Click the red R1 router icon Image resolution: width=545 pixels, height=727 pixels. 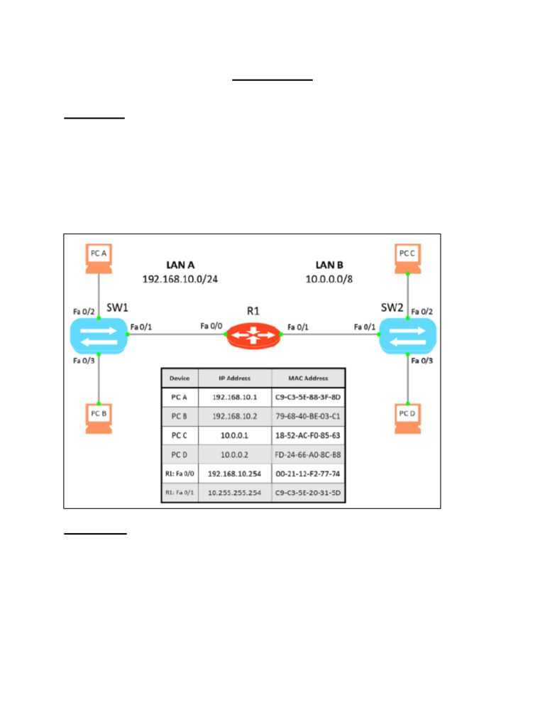point(253,335)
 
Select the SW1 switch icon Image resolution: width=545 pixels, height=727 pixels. point(99,335)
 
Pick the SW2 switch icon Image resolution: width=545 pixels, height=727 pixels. point(407,335)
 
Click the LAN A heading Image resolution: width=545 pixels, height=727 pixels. point(180,265)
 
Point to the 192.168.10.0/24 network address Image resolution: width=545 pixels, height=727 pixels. point(180,279)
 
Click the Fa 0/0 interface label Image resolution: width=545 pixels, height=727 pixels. point(211,326)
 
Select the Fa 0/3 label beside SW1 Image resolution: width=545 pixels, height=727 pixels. point(84,361)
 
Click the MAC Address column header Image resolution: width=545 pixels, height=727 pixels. point(308,378)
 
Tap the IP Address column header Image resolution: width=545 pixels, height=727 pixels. point(234,378)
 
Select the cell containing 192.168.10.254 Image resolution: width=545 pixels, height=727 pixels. point(234,471)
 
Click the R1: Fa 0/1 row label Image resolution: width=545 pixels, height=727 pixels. point(180,490)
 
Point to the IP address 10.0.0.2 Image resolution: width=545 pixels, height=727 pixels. point(234,452)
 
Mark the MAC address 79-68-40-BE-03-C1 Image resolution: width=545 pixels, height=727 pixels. point(308,415)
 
